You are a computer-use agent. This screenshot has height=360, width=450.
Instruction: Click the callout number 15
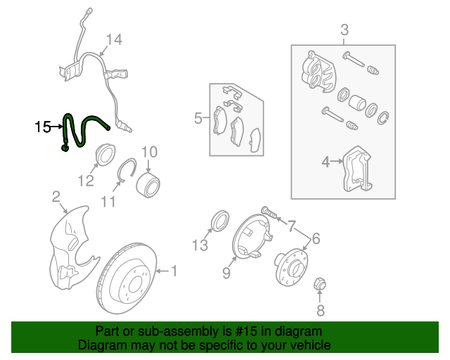pos(43,127)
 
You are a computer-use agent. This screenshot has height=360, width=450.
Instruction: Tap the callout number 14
pos(114,40)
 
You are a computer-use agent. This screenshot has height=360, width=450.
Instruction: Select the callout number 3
pos(345,30)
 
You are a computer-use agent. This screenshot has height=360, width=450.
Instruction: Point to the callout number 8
pos(321,311)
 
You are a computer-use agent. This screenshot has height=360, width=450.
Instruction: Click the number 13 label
pos(200,245)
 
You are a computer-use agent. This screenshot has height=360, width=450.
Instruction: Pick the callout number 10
pos(149,153)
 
